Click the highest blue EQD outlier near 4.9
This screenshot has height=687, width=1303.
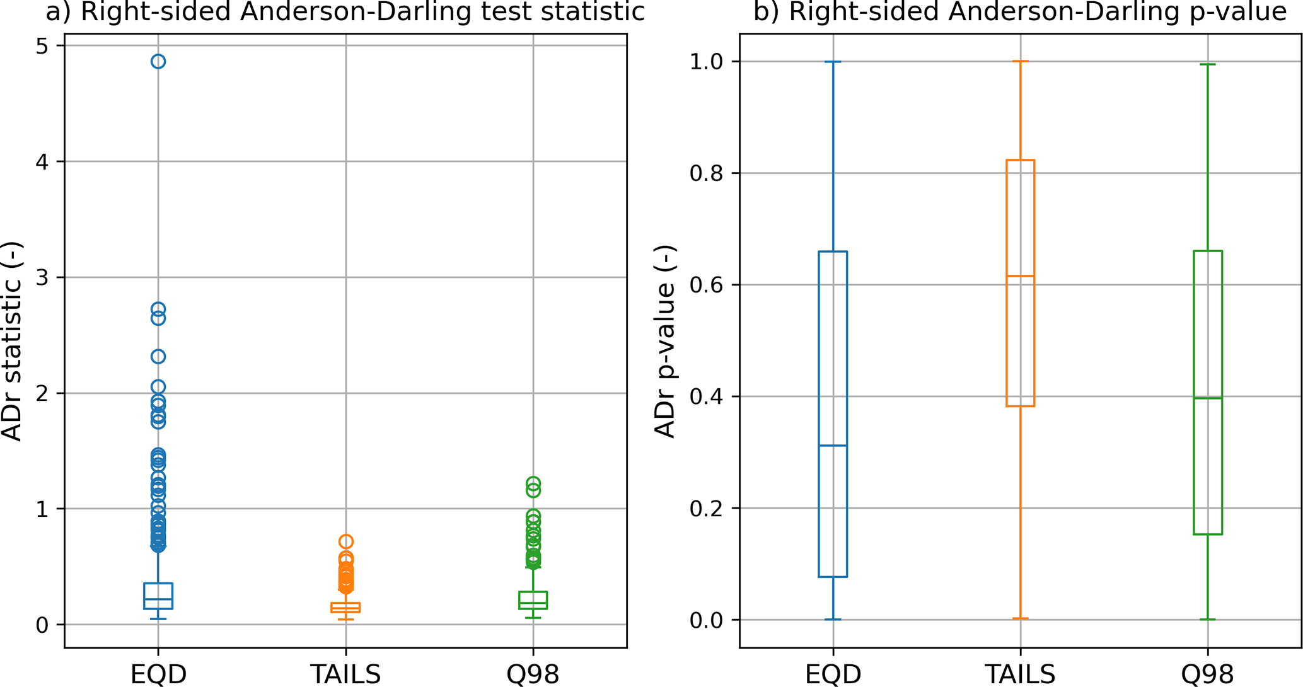point(158,61)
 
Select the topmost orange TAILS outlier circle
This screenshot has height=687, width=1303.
point(345,541)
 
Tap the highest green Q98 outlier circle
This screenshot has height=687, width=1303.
point(533,483)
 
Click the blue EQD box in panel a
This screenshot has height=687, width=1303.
point(158,596)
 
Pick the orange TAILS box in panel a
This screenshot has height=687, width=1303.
point(345,608)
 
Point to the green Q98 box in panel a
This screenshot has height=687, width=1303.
point(533,600)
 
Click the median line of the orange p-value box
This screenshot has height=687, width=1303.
point(1021,276)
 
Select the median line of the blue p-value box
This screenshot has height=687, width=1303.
point(833,446)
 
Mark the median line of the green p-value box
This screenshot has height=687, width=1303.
point(1208,398)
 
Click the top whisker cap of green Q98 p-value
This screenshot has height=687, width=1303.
point(1208,64)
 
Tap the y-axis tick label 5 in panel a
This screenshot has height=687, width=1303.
point(42,46)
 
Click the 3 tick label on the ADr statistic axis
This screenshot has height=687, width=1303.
point(42,278)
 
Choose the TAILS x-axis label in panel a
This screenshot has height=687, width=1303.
point(345,674)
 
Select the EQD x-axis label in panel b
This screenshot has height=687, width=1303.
point(833,674)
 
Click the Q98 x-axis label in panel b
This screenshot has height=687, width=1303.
point(1208,674)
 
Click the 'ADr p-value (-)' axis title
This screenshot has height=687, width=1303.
point(665,341)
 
